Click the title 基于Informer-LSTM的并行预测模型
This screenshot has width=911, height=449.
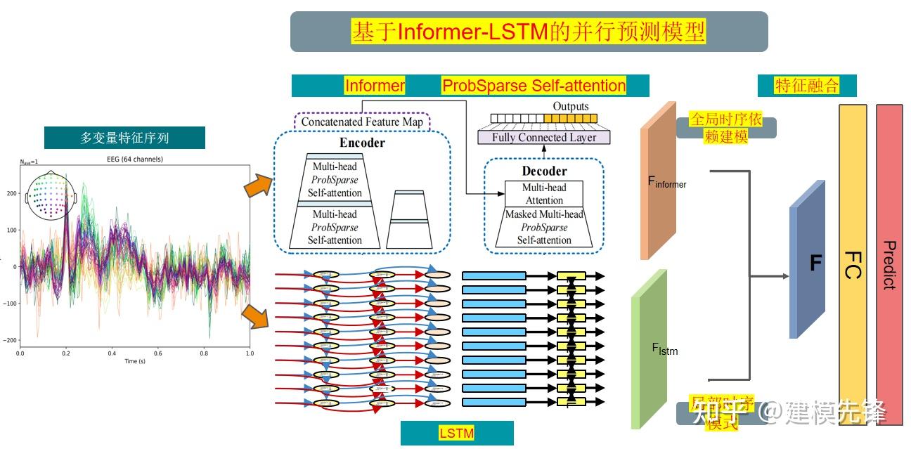529,32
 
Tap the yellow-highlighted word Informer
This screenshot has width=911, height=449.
375,86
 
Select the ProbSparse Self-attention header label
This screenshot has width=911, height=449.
534,86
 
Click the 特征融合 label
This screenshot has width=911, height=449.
807,86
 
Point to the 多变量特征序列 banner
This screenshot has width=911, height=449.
124,138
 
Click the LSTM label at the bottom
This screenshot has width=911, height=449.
456,434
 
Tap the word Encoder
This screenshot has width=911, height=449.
362,143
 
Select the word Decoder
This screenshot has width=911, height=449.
544,171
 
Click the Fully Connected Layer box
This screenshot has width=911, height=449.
543,138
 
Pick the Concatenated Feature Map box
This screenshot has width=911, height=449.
362,122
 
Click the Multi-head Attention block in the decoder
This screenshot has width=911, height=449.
545,194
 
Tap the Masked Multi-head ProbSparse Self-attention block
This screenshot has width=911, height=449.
545,227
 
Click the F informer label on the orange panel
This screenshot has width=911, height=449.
666,182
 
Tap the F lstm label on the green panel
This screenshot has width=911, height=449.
664,348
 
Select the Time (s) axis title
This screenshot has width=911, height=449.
135,361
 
